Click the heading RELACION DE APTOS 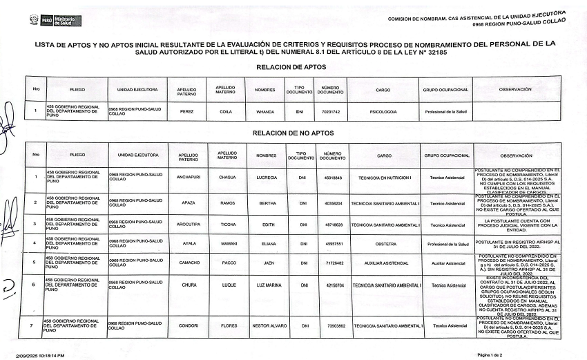point(290,67)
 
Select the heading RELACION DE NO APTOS point(293,132)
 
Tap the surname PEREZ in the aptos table point(186,111)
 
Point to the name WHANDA point(265,111)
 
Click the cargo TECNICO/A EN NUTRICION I point(384,178)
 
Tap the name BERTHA point(267,204)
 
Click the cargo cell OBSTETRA point(384,244)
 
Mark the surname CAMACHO point(188,263)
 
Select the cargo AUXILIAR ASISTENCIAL point(384,263)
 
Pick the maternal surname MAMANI point(226,244)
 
